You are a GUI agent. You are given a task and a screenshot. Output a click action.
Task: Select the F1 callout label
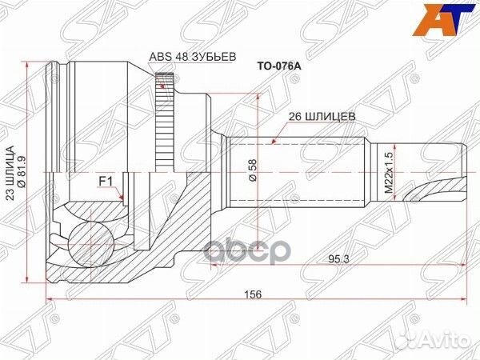tap(105, 182)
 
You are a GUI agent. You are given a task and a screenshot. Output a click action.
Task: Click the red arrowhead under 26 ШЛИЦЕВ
tap(274, 142)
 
